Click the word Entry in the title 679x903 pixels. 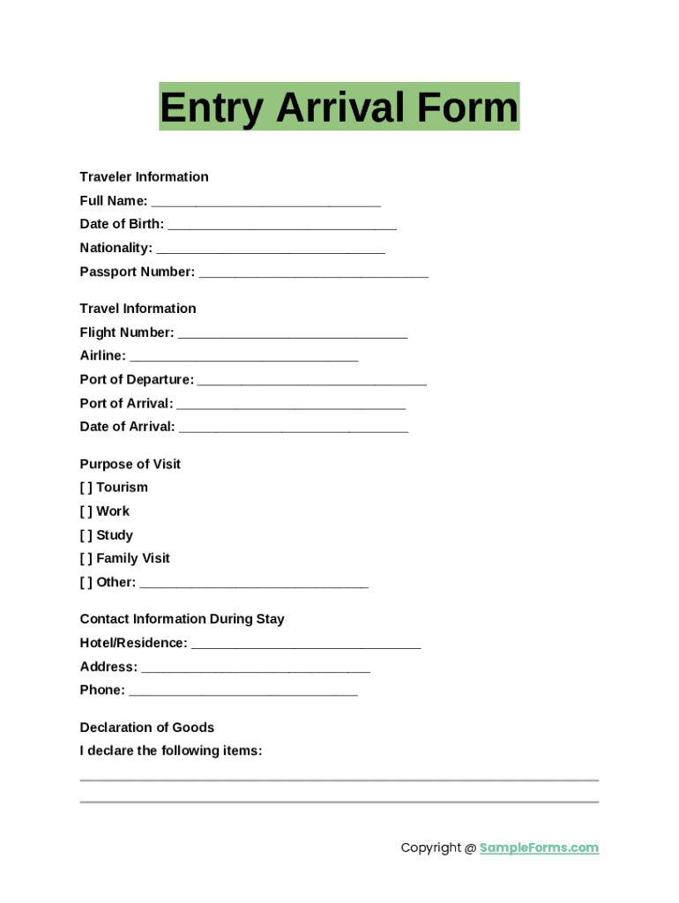[211, 108]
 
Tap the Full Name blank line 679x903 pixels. [265, 203]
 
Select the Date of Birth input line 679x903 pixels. [282, 227]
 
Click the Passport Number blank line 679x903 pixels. [313, 274]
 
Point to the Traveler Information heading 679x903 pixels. [144, 176]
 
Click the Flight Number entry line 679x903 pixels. [293, 335]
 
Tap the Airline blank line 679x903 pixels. [243, 358]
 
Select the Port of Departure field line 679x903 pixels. [311, 382]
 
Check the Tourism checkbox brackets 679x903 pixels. [86, 488]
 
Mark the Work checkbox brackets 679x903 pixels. [86, 511]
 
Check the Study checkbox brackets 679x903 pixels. [86, 535]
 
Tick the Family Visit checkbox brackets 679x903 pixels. [86, 558]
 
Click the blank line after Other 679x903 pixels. [254, 585]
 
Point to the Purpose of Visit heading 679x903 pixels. [130, 464]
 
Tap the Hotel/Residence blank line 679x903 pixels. [306, 646]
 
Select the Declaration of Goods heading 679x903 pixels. [146, 728]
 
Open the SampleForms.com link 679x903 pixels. [539, 847]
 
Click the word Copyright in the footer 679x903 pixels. [430, 847]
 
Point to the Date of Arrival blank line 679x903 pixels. [294, 429]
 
